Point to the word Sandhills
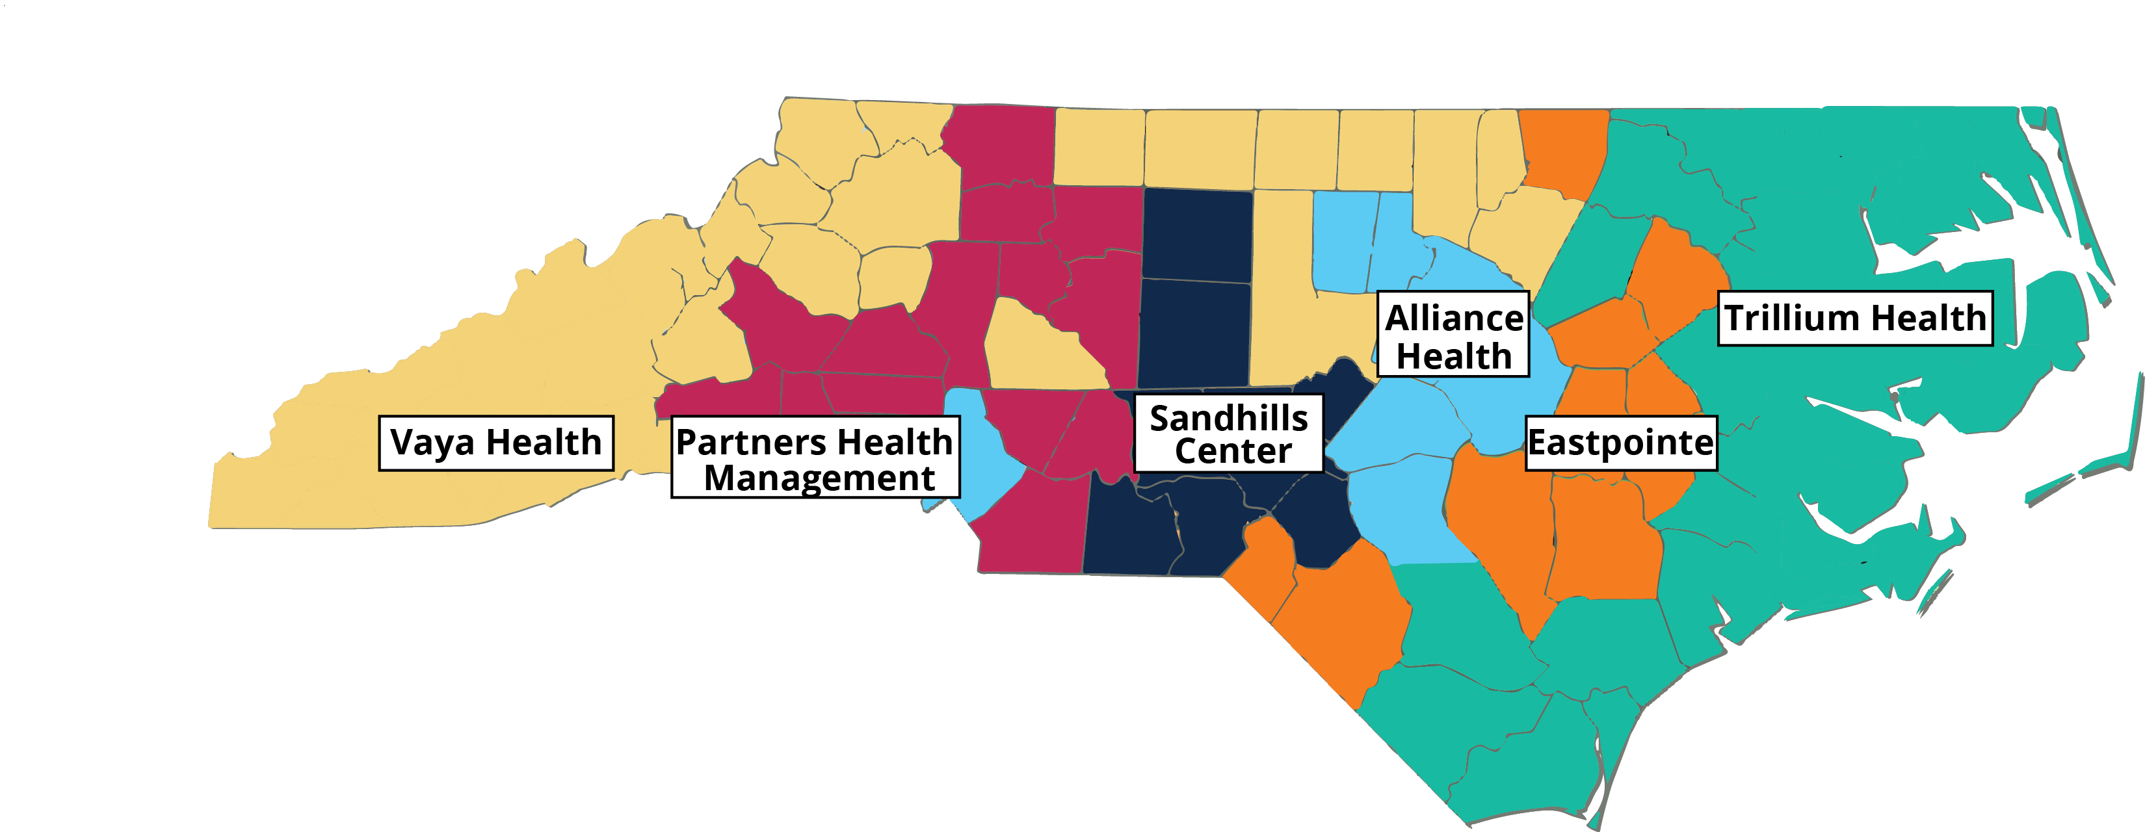[1228, 418]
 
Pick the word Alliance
[1454, 318]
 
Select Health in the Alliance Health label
[1454, 356]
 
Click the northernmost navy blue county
[1196, 233]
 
